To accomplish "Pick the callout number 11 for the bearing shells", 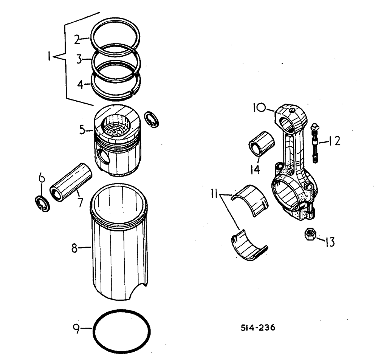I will [215, 196].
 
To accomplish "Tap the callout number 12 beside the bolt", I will [334, 141].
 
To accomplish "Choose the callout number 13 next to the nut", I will [330, 241].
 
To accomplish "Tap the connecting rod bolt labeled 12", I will [314, 144].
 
